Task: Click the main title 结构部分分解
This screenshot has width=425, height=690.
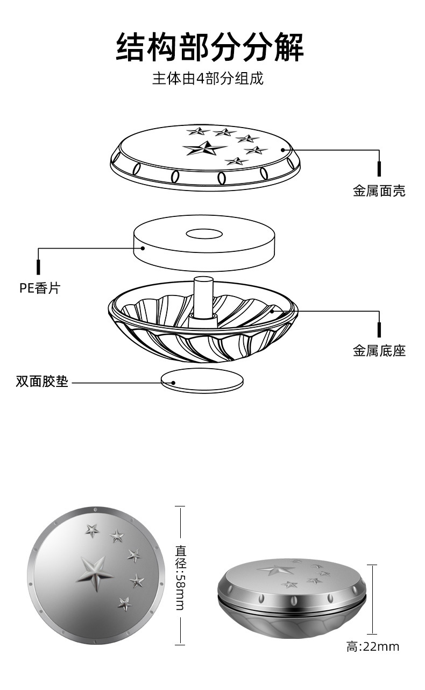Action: pyautogui.click(x=210, y=47)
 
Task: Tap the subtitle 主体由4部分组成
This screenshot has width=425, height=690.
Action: pyautogui.click(x=208, y=79)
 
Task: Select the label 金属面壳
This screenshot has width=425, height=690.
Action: pyautogui.click(x=379, y=191)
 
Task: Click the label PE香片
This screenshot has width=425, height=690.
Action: pyautogui.click(x=40, y=288)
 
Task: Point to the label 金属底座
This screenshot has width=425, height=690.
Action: pyautogui.click(x=379, y=351)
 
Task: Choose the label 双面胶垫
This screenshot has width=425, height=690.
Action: pyautogui.click(x=42, y=382)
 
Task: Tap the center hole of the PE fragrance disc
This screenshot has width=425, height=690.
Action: pyautogui.click(x=204, y=234)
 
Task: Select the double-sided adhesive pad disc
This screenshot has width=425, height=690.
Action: pyautogui.click(x=202, y=381)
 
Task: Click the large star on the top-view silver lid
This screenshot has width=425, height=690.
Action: pyautogui.click(x=95, y=573)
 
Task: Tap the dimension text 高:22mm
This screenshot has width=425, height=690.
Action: pyautogui.click(x=373, y=647)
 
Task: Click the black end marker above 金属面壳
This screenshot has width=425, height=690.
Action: pyautogui.click(x=379, y=169)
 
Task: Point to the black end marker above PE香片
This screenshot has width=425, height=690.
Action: pyautogui.click(x=38, y=267)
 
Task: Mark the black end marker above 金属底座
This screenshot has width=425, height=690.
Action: pyautogui.click(x=379, y=329)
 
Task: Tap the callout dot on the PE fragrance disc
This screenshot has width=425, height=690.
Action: pyautogui.click(x=143, y=248)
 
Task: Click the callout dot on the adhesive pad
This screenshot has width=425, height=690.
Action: pyautogui.click(x=174, y=383)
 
